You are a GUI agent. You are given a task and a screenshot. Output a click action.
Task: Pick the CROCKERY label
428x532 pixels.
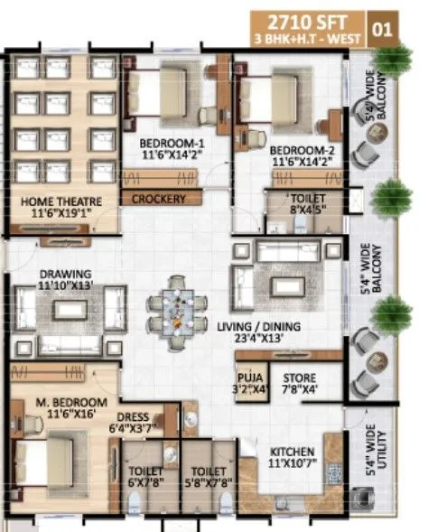[159, 199]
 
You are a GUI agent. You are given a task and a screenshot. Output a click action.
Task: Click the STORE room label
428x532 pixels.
[299, 377]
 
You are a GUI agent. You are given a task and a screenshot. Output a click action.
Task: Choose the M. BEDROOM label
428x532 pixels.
[66, 402]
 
